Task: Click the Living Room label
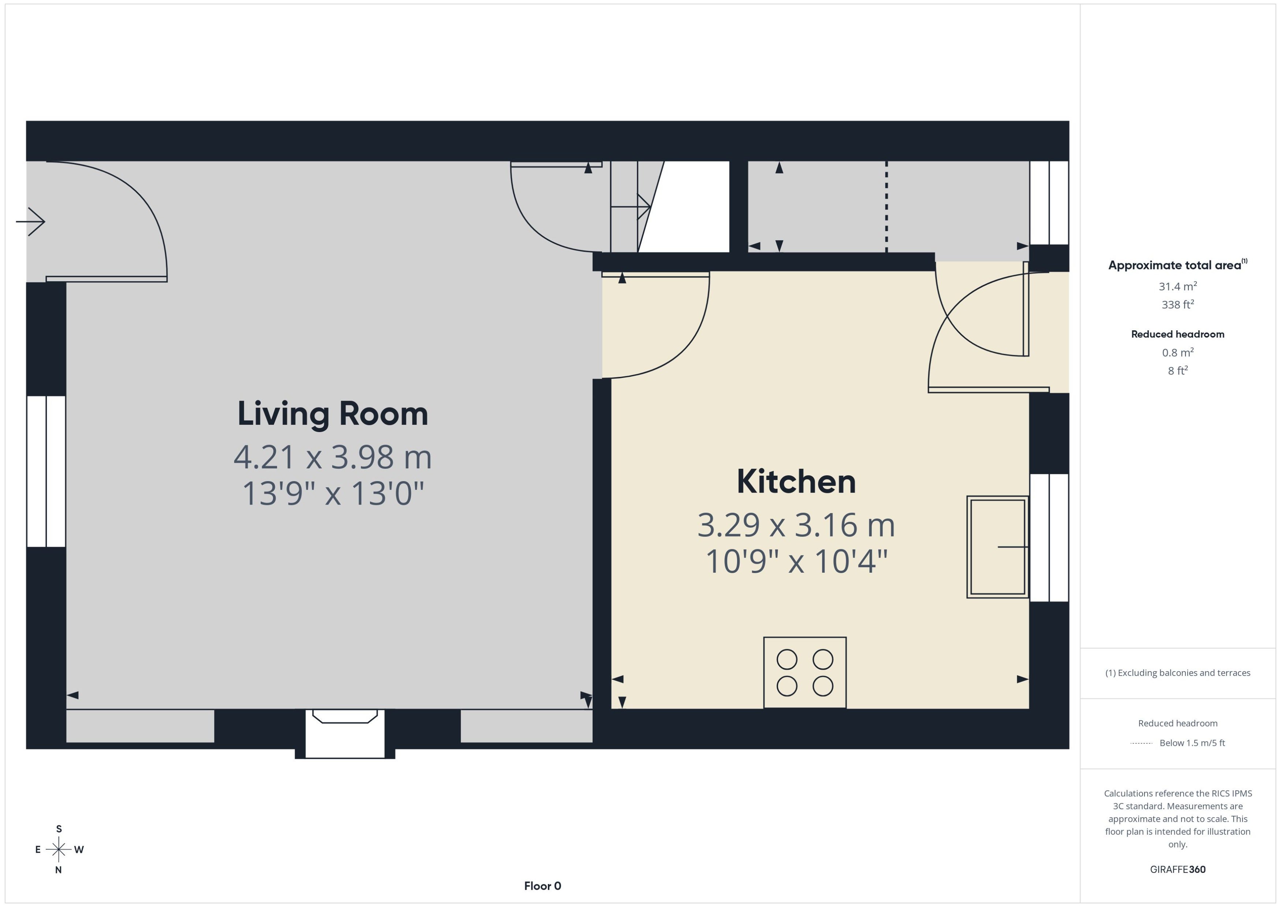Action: click(333, 414)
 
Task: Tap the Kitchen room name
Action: click(796, 482)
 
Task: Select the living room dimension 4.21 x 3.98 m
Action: click(333, 457)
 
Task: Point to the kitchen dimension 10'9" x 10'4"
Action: click(796, 561)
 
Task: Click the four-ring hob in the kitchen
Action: click(805, 672)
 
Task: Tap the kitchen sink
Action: click(997, 547)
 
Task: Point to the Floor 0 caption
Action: click(542, 886)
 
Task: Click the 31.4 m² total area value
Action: click(1178, 286)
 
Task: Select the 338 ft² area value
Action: click(1178, 304)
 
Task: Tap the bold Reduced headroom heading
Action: click(1178, 334)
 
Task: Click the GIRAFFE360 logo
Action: click(1178, 869)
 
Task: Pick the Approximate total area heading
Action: click(1178, 265)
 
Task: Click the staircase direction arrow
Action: click(631, 207)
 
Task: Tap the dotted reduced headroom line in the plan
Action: click(886, 207)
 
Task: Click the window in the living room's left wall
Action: click(46, 471)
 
